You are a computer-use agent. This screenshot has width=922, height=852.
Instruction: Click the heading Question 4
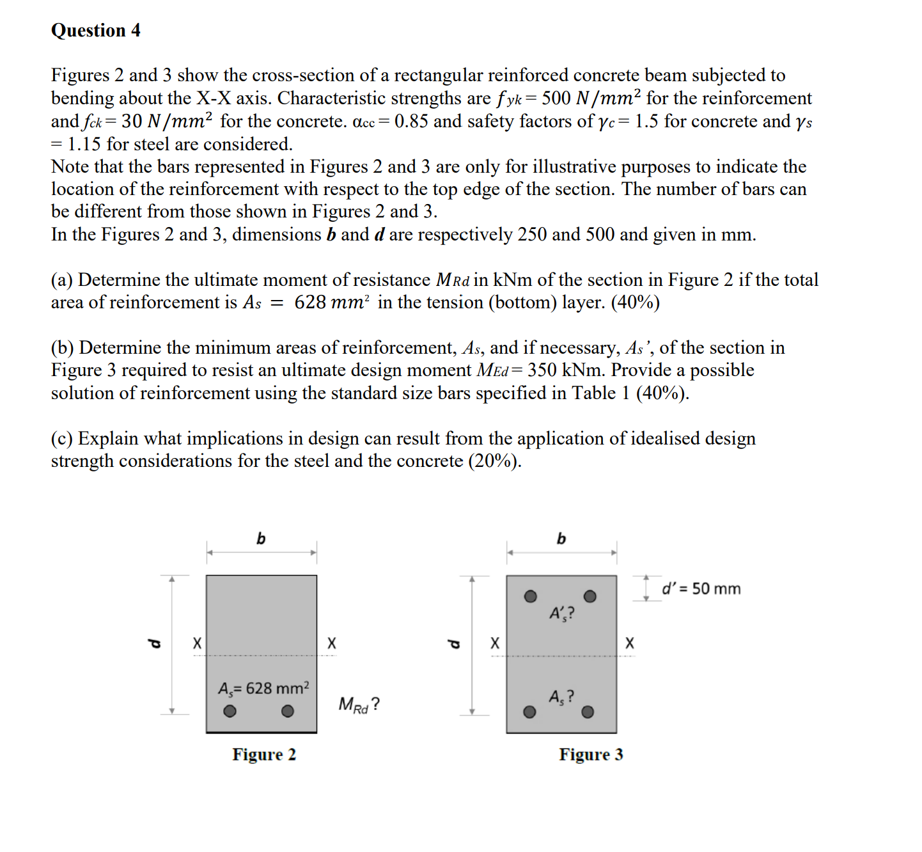point(96,31)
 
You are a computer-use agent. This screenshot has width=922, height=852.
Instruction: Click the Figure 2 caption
point(264,755)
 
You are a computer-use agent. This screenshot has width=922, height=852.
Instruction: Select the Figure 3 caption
point(591,755)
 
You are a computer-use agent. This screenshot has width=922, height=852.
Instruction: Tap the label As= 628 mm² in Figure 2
point(263,688)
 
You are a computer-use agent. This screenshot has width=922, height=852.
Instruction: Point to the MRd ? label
point(359,704)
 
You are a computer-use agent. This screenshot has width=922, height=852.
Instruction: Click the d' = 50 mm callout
point(701,588)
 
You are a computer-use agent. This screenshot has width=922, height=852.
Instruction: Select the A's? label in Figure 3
point(561,613)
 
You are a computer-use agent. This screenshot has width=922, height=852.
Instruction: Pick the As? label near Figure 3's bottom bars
point(561,697)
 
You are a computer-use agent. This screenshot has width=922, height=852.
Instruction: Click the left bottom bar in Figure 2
point(230,711)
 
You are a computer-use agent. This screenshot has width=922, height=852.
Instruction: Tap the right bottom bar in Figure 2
point(288,711)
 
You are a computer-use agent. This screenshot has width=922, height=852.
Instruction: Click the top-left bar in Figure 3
point(530,596)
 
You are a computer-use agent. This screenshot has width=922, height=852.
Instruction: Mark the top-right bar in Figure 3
point(590,596)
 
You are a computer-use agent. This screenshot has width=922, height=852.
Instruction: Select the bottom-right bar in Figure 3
point(588,712)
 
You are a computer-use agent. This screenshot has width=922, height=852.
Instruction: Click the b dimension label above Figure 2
point(261,539)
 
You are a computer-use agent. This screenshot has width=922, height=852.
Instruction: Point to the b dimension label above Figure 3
point(561,539)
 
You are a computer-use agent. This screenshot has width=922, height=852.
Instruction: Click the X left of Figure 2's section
point(197,643)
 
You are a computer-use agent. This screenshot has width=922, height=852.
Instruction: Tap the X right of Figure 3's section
point(630,643)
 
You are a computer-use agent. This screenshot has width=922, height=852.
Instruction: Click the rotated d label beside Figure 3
point(453,643)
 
